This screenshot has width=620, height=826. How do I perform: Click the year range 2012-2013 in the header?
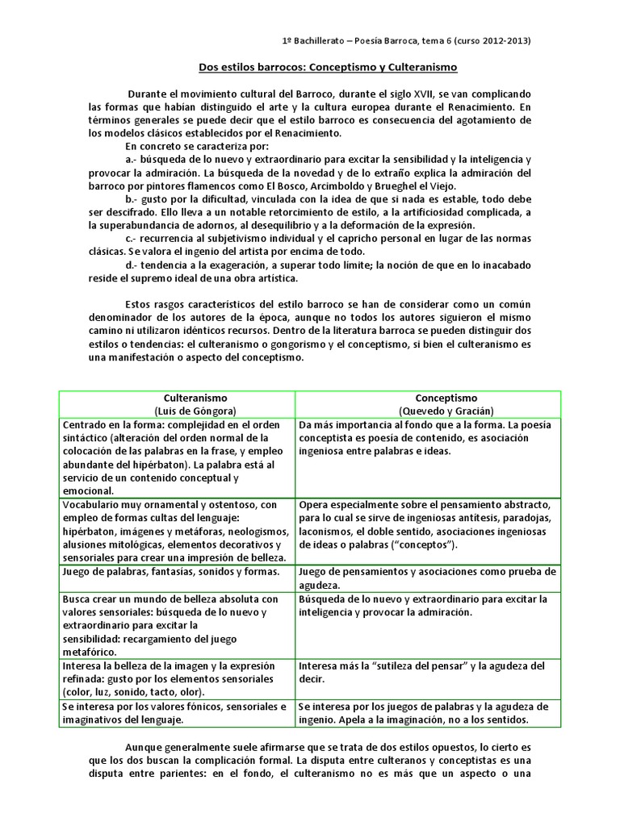tap(506, 40)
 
